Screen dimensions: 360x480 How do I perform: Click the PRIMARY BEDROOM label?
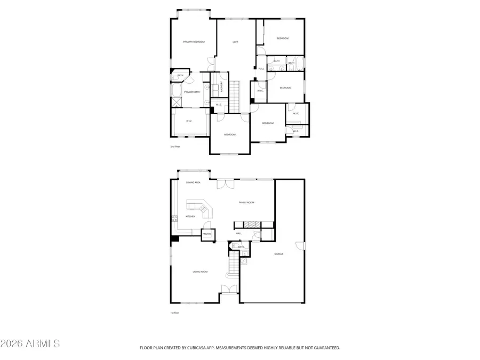194,42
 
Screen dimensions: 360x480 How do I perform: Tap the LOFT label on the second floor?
235,42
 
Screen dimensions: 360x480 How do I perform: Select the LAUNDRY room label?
214,86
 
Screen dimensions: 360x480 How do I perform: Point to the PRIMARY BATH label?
192,92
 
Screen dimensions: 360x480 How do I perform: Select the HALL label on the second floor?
261,69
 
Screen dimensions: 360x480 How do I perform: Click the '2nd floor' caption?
175,146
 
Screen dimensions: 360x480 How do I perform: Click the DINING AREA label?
193,182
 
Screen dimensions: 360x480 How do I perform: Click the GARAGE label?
278,254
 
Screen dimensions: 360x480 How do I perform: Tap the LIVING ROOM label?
200,271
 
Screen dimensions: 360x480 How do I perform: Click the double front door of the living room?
229,289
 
